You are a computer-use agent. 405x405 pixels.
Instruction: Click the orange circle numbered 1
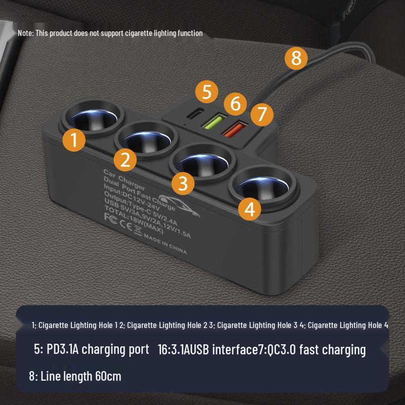click(74, 140)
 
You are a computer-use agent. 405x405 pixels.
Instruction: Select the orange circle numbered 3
click(183, 183)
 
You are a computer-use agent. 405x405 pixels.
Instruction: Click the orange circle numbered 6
click(235, 103)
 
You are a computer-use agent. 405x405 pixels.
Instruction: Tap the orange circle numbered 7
click(261, 114)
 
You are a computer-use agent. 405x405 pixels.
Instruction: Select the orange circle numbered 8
click(296, 58)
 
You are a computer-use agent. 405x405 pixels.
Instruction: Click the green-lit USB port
click(214, 121)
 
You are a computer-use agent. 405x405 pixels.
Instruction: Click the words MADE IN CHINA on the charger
click(165, 244)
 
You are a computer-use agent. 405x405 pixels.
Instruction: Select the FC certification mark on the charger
click(110, 217)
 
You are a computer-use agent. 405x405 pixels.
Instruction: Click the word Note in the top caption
click(25, 33)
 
